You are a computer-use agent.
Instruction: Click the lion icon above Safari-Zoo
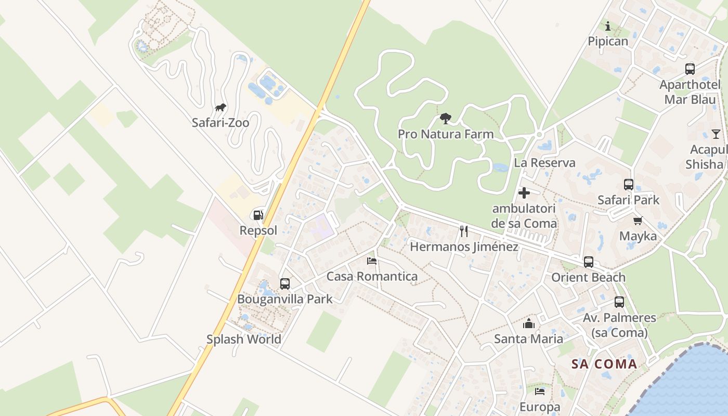pos(220,108)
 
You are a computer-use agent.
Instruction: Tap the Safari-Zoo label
pos(220,123)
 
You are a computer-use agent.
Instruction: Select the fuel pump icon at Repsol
pos(258,215)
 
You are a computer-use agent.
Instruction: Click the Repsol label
pos(258,230)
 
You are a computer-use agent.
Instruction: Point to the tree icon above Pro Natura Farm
pos(445,119)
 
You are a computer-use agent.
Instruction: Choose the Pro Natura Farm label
pos(446,134)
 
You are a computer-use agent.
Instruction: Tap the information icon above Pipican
pos(607,26)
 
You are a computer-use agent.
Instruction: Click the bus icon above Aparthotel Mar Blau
pos(690,69)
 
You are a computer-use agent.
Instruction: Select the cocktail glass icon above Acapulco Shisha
pos(716,134)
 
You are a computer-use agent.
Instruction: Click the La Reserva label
pos(544,163)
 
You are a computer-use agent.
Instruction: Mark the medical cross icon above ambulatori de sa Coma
pos(524,193)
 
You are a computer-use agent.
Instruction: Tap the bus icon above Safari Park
pos(628,185)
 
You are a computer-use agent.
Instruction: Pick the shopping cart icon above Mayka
pos(638,220)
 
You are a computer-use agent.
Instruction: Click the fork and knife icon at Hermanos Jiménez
pos(464,231)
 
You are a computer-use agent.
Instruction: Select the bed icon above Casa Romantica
pos(372,261)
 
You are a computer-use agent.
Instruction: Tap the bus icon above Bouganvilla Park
pos(285,284)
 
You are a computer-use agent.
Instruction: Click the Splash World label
pos(243,339)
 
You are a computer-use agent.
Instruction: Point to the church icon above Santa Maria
pos(529,323)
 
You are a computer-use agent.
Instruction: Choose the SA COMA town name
pos(604,364)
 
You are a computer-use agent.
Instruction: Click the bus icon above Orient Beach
pos(588,262)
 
